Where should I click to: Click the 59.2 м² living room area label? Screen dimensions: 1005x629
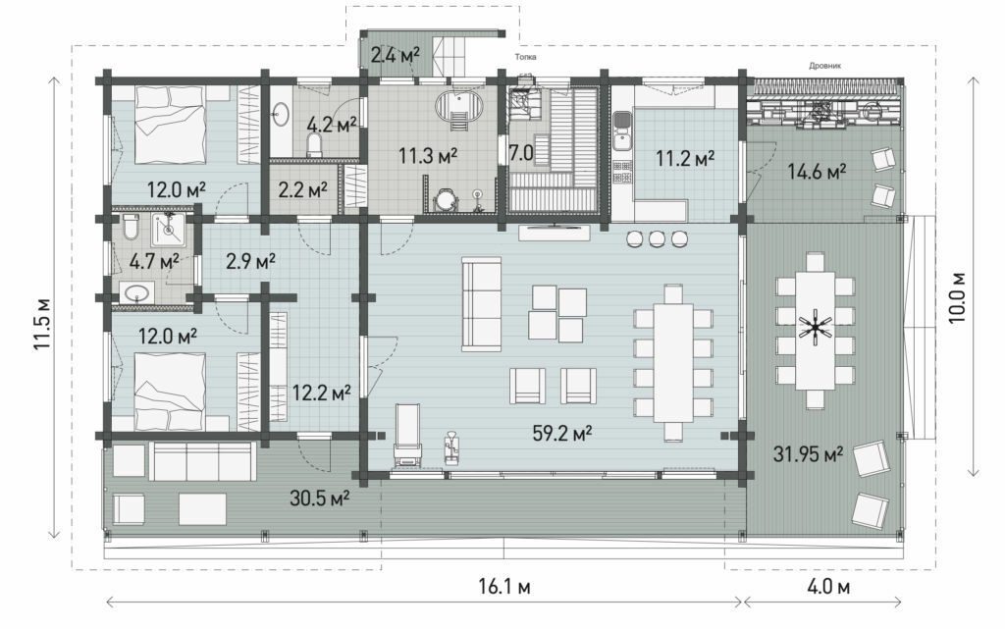pos(561,434)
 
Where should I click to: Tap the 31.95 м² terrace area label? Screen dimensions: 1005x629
pos(808,454)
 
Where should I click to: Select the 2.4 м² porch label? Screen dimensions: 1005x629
pos(396,55)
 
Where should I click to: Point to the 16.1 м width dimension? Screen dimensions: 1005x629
pos(504,586)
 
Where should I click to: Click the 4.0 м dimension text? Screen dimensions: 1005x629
pos(828,586)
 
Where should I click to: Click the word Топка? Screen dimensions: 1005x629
pos(525,57)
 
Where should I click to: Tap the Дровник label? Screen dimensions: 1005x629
pos(824,66)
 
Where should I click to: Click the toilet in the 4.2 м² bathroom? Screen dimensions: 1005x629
pos(314,144)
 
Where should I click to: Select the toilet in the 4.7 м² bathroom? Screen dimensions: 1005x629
pos(131,227)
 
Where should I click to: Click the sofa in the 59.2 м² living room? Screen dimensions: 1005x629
pos(481,304)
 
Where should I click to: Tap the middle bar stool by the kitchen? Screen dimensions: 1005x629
pos(657,239)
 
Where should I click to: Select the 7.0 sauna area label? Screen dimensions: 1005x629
pos(521,152)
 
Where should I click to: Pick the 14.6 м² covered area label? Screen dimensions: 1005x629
pos(817,172)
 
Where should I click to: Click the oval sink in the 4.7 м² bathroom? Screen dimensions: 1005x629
pos(137,294)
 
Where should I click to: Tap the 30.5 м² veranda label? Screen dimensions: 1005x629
pos(319,498)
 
